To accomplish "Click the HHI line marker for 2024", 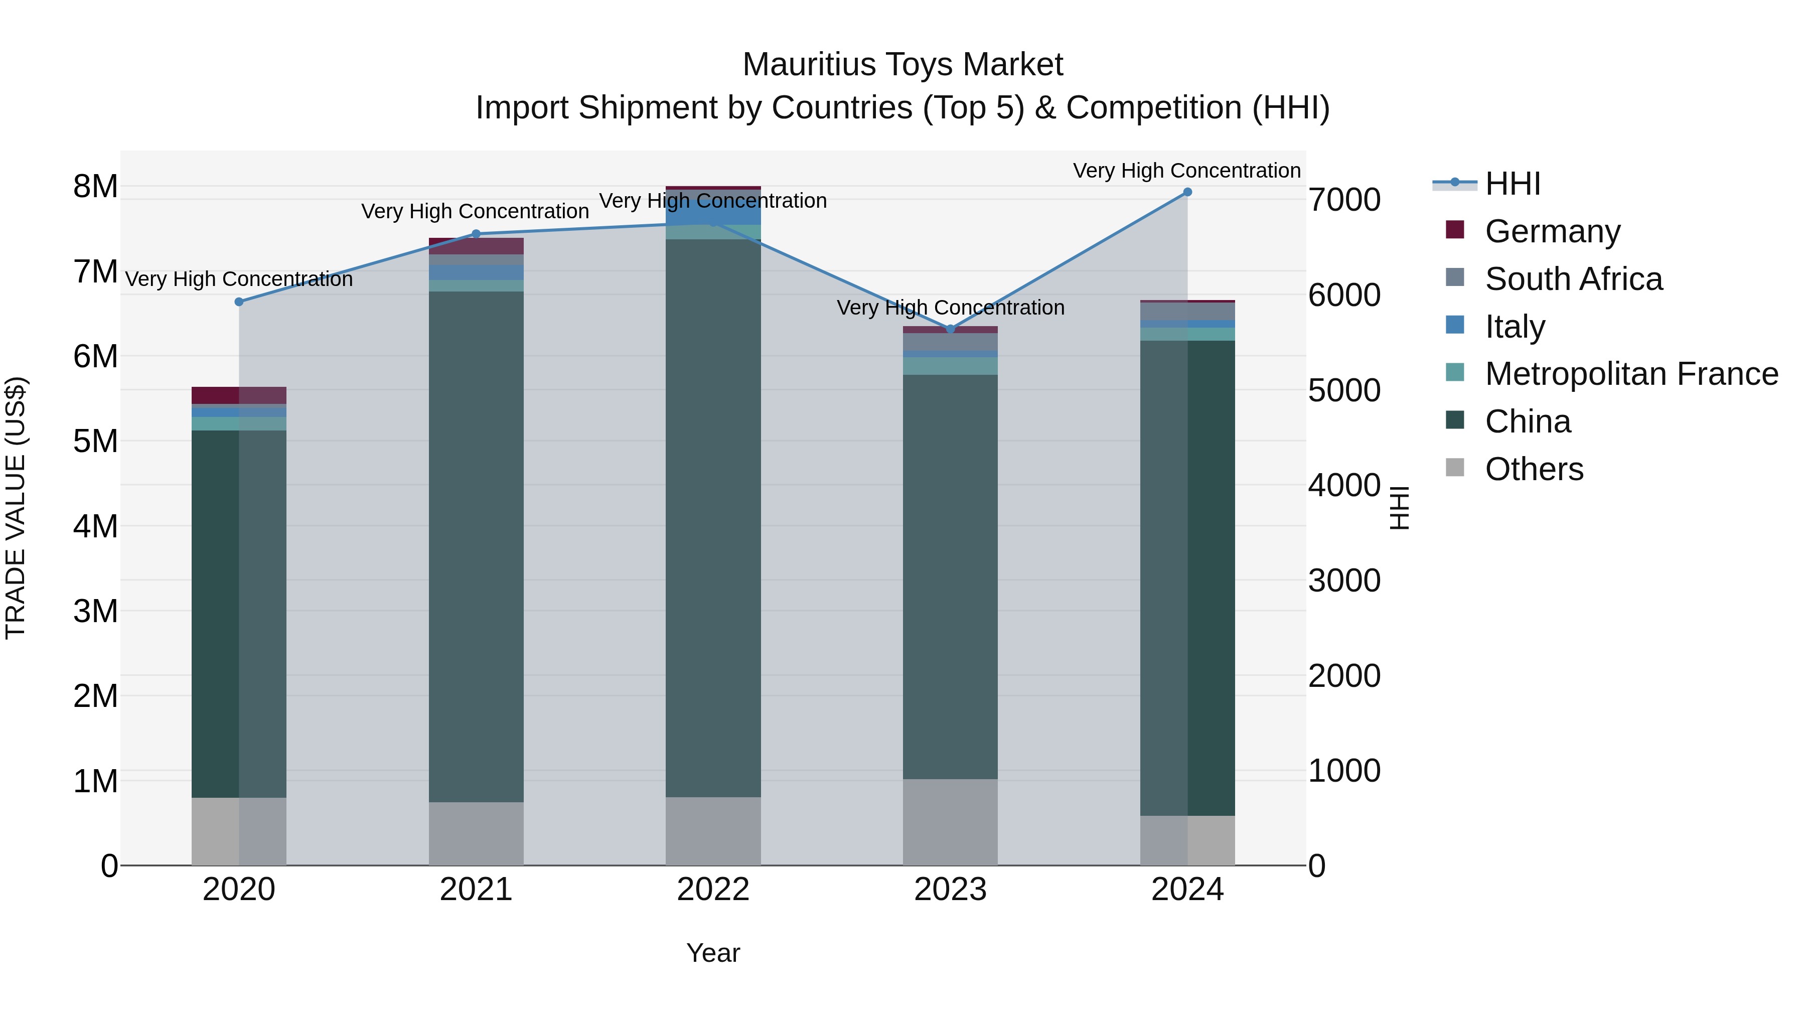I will coord(1187,192).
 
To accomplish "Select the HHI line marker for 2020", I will coord(239,302).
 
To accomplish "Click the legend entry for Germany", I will coord(1552,231).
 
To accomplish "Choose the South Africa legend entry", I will coord(1573,279).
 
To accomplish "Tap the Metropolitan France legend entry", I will coord(1631,374).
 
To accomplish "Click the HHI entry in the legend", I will coord(1512,184).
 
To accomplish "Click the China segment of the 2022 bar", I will coord(713,519).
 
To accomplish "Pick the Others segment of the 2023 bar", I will coord(950,822).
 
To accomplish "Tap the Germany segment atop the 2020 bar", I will coord(239,395).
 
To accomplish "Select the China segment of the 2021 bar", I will coord(476,547).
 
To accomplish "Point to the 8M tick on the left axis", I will coord(95,187).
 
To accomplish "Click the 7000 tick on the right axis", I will coord(1344,200).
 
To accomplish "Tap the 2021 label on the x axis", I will coord(476,890).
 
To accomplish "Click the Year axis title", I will coord(713,953).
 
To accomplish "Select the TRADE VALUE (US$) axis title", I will coord(16,508).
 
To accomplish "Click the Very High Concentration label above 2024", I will coord(1186,171).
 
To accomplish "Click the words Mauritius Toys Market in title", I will coord(902,65).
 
